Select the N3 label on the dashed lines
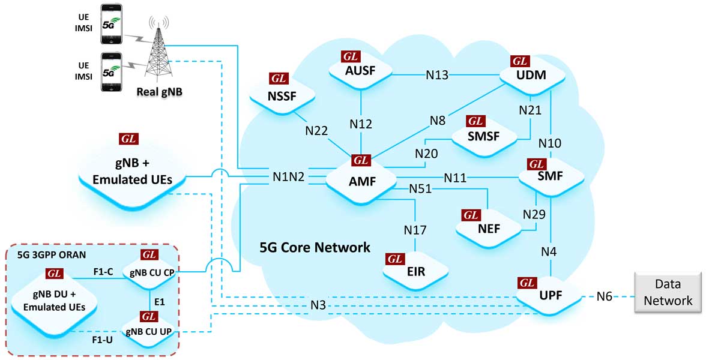pyautogui.click(x=319, y=305)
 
